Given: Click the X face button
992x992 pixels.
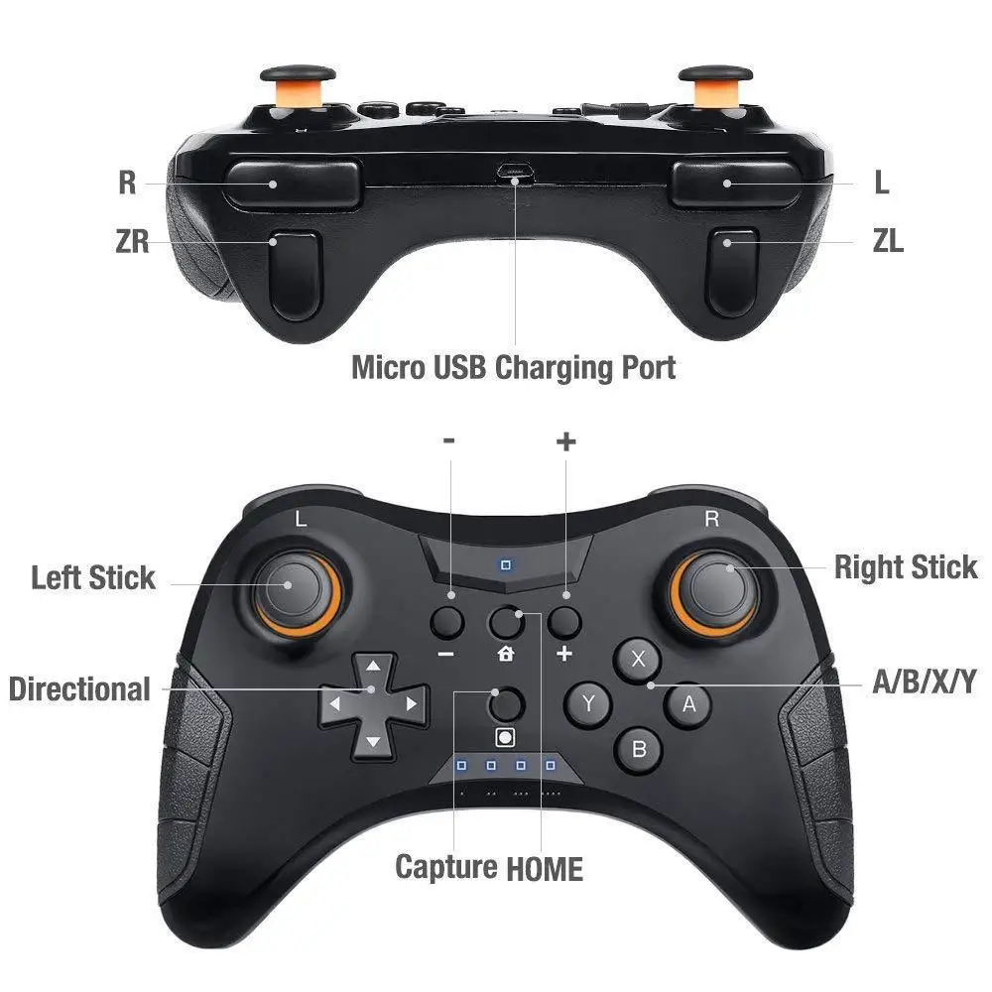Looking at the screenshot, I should (x=639, y=658).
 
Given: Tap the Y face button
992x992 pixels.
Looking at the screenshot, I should (x=588, y=704).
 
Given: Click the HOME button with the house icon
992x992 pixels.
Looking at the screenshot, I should (x=507, y=623).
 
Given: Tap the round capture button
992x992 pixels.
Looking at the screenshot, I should (x=507, y=703).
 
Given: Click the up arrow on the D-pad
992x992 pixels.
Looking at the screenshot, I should (x=373, y=667).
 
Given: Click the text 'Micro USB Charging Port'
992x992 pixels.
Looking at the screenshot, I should (x=514, y=367).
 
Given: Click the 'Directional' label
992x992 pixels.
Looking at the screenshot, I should (x=79, y=688).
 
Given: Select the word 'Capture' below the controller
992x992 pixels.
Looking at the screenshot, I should (x=446, y=867).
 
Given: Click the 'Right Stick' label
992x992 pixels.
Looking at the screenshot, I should (x=905, y=567).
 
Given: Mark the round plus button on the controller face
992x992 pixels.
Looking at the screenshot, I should (x=565, y=622).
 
